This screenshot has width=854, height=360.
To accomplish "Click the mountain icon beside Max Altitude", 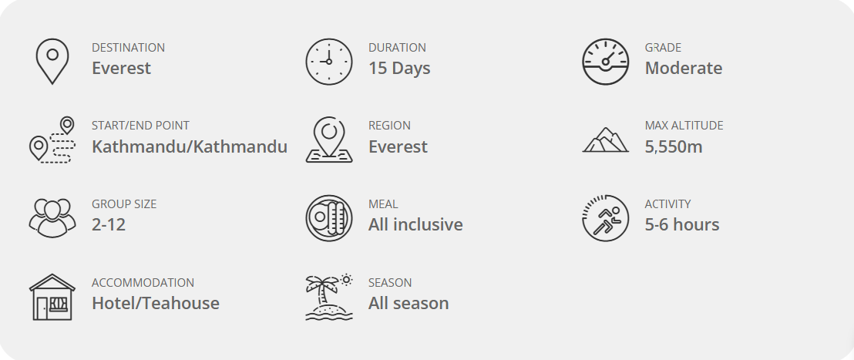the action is [x=606, y=140].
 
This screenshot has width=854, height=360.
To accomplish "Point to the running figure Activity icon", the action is [x=606, y=218].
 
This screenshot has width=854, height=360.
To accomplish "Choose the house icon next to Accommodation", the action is [x=52, y=297].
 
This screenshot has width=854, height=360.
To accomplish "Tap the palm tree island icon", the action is [x=329, y=297].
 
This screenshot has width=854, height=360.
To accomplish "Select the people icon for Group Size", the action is [x=52, y=218].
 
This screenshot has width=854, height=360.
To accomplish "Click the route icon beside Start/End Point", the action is [x=52, y=140].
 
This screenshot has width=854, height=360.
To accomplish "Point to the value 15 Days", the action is [x=399, y=68].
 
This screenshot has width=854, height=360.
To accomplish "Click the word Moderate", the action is [x=684, y=68].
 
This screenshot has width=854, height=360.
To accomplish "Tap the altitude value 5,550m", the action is [x=674, y=146].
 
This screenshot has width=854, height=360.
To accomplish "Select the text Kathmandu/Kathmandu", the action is [x=190, y=146].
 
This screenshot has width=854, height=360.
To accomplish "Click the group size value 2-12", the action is [x=109, y=224].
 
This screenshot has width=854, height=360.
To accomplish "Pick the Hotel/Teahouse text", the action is [x=156, y=303].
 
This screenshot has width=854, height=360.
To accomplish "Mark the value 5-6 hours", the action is [x=682, y=224].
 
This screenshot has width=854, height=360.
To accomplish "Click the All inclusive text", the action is [x=415, y=224].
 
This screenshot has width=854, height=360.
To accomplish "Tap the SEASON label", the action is [x=390, y=283].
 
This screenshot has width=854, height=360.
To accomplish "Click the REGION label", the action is [x=389, y=126].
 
